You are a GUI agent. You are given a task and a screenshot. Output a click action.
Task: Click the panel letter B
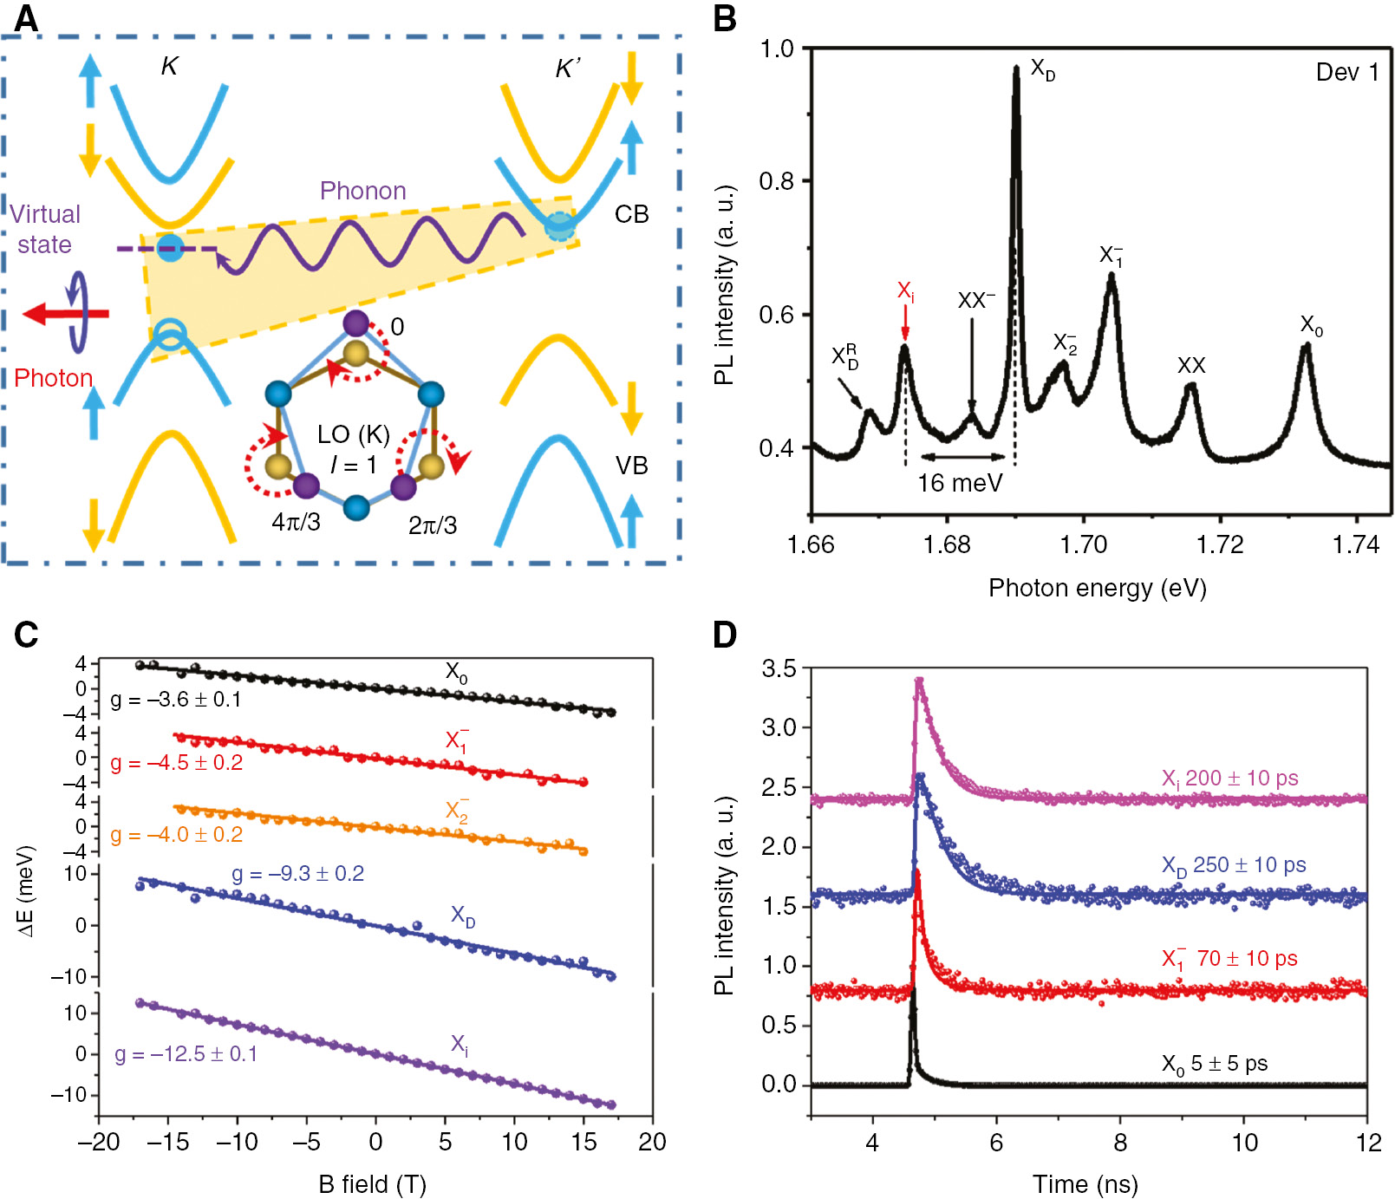[x=725, y=19]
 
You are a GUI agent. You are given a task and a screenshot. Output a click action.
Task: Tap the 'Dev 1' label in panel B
[x=1346, y=72]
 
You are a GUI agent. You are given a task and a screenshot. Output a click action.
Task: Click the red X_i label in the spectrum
[x=905, y=291]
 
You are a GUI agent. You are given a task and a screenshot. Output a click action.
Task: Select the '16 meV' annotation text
[x=960, y=483]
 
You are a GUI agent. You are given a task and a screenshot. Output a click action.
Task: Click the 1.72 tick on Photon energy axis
[x=1220, y=544]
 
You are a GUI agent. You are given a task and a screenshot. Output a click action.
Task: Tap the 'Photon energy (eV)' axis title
[x=1097, y=588]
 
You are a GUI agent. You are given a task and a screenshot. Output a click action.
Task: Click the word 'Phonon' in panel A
[x=362, y=191]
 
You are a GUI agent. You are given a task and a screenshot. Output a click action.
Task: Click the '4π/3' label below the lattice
[x=296, y=522]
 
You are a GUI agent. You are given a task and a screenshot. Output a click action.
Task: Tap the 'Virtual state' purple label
[x=45, y=229]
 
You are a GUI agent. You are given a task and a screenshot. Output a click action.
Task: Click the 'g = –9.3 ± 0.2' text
[x=297, y=873]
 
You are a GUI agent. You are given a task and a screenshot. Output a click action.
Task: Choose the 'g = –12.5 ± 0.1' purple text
[x=186, y=1054]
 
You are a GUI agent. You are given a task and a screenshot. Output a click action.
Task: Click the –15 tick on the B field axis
[x=167, y=1142]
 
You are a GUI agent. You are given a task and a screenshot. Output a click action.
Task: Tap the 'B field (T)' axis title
[x=372, y=1183]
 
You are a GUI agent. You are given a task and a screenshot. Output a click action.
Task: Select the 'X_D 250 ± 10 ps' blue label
[x=1233, y=865]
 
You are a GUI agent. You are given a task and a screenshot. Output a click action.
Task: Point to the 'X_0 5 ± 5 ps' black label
[x=1214, y=1064]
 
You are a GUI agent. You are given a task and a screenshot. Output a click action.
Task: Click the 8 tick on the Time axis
[x=1120, y=1143]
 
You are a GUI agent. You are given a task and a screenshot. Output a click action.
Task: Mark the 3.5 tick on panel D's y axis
[x=779, y=668]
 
